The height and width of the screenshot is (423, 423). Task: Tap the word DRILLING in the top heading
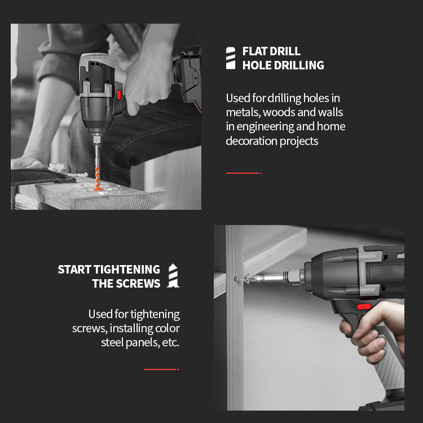[299, 65]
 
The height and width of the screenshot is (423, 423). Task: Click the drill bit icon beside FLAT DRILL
[231, 58]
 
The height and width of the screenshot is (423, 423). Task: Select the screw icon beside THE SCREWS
[173, 275]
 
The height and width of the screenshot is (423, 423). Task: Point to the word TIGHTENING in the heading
[127, 270]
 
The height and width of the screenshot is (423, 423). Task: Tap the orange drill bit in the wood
[98, 179]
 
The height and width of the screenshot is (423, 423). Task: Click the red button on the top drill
[118, 94]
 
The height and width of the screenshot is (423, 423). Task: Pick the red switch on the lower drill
[364, 307]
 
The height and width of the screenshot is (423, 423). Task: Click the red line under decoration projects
[243, 173]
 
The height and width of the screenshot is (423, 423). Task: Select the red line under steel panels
[161, 369]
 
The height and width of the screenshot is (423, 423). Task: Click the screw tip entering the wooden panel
[236, 279]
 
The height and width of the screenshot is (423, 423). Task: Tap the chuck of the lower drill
[294, 277]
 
